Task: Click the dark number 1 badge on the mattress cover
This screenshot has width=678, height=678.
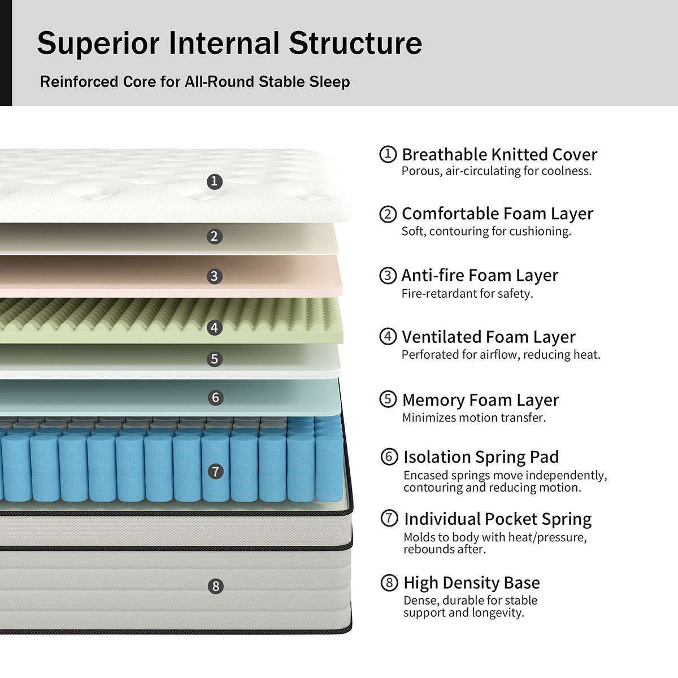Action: [214, 181]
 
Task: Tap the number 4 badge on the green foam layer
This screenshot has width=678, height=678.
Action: [214, 328]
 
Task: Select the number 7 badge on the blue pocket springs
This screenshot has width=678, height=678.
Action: [215, 471]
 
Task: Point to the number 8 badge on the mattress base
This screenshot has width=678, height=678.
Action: [215, 586]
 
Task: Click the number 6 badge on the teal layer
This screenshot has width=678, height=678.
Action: [215, 398]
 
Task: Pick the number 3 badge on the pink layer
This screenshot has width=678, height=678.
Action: [214, 276]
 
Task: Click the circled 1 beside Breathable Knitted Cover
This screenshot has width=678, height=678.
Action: [388, 154]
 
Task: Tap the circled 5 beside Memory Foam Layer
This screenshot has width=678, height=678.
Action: [388, 399]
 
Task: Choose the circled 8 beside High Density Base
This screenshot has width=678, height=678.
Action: [389, 583]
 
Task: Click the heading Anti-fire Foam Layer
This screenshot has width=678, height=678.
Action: [480, 275]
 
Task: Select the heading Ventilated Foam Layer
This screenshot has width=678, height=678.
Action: [488, 337]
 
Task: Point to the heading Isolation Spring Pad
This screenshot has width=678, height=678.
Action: [481, 457]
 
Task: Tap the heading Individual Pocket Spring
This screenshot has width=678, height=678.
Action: [497, 519]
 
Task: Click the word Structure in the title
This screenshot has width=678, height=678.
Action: [355, 44]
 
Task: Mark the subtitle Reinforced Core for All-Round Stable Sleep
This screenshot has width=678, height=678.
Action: [195, 82]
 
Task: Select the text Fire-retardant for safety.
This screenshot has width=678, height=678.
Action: [467, 294]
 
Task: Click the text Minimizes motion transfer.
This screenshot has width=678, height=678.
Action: [474, 418]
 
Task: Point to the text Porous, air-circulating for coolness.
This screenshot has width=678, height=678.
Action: [497, 171]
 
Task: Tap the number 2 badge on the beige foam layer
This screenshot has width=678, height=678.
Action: [214, 236]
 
